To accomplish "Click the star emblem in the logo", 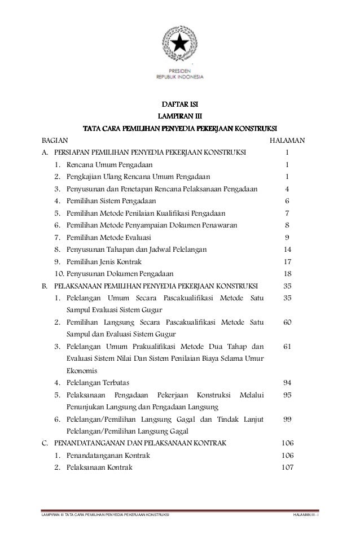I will [x=180, y=41].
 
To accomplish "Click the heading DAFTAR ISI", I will [x=179, y=104].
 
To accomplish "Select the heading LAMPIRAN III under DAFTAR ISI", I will [x=179, y=116].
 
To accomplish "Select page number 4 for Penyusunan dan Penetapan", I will [x=288, y=189].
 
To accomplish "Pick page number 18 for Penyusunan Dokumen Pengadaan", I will [x=288, y=274].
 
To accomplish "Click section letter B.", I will [x=45, y=286].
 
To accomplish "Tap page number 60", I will [x=288, y=322].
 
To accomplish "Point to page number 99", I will [x=288, y=419].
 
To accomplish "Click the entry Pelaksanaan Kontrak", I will [x=100, y=468].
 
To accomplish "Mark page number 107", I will [x=288, y=468].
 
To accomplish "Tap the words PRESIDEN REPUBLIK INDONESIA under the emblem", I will [x=180, y=74].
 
